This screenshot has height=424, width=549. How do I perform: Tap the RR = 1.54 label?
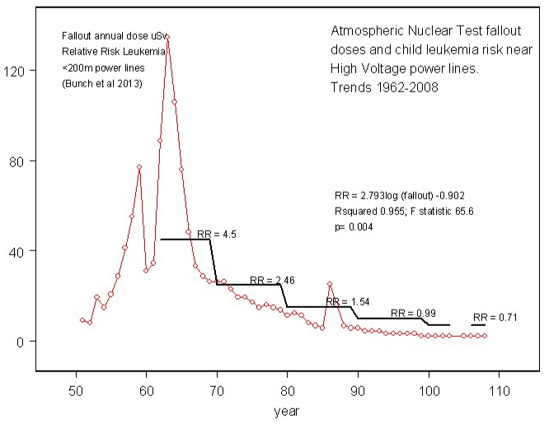click(344, 302)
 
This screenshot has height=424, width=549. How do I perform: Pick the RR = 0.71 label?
click(492, 317)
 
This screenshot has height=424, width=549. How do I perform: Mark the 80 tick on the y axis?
click(26, 161)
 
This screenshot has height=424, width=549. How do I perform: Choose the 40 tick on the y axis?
click(26, 250)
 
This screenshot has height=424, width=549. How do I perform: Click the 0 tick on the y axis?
click(29, 341)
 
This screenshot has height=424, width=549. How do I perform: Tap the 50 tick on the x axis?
click(76, 389)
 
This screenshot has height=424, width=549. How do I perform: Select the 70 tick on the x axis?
click(217, 389)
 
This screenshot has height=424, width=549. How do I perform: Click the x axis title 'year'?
click(287, 409)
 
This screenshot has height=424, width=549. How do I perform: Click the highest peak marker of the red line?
click(167, 37)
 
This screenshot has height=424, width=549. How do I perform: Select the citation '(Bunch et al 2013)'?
click(103, 83)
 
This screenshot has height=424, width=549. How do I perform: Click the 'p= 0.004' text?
click(354, 226)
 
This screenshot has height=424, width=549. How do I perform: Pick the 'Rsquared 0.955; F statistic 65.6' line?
click(404, 212)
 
